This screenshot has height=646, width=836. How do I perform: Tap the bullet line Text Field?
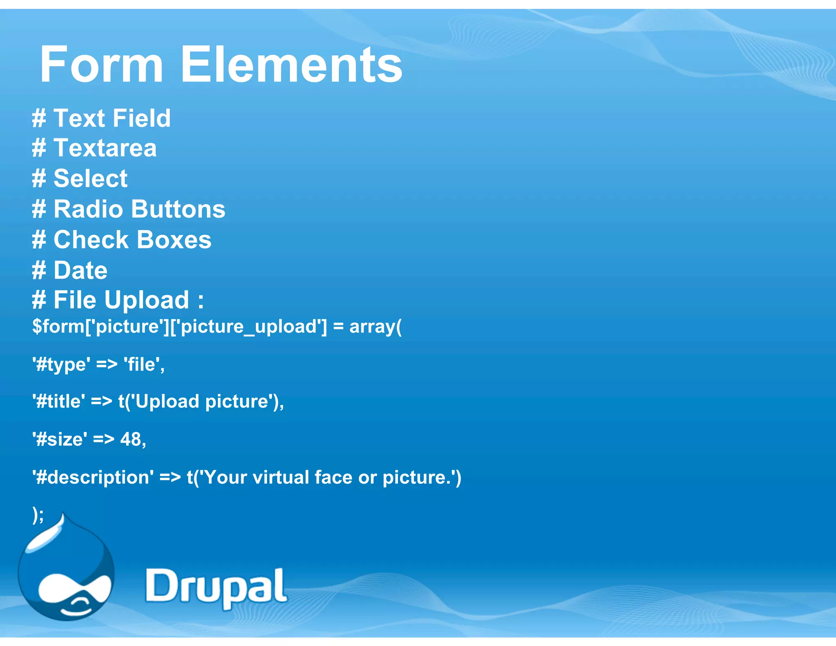(101, 118)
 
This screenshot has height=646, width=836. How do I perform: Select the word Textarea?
(105, 148)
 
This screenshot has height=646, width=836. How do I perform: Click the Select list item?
(90, 178)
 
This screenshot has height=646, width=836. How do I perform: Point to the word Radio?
(88, 209)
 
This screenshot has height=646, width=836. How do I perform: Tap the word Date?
(80, 270)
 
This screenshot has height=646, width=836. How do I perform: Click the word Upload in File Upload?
(147, 300)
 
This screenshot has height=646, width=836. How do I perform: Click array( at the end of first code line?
(375, 327)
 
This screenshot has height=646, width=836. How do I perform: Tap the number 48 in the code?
(131, 439)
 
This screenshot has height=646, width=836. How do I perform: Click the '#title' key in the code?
(59, 401)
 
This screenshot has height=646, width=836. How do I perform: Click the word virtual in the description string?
(280, 477)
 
